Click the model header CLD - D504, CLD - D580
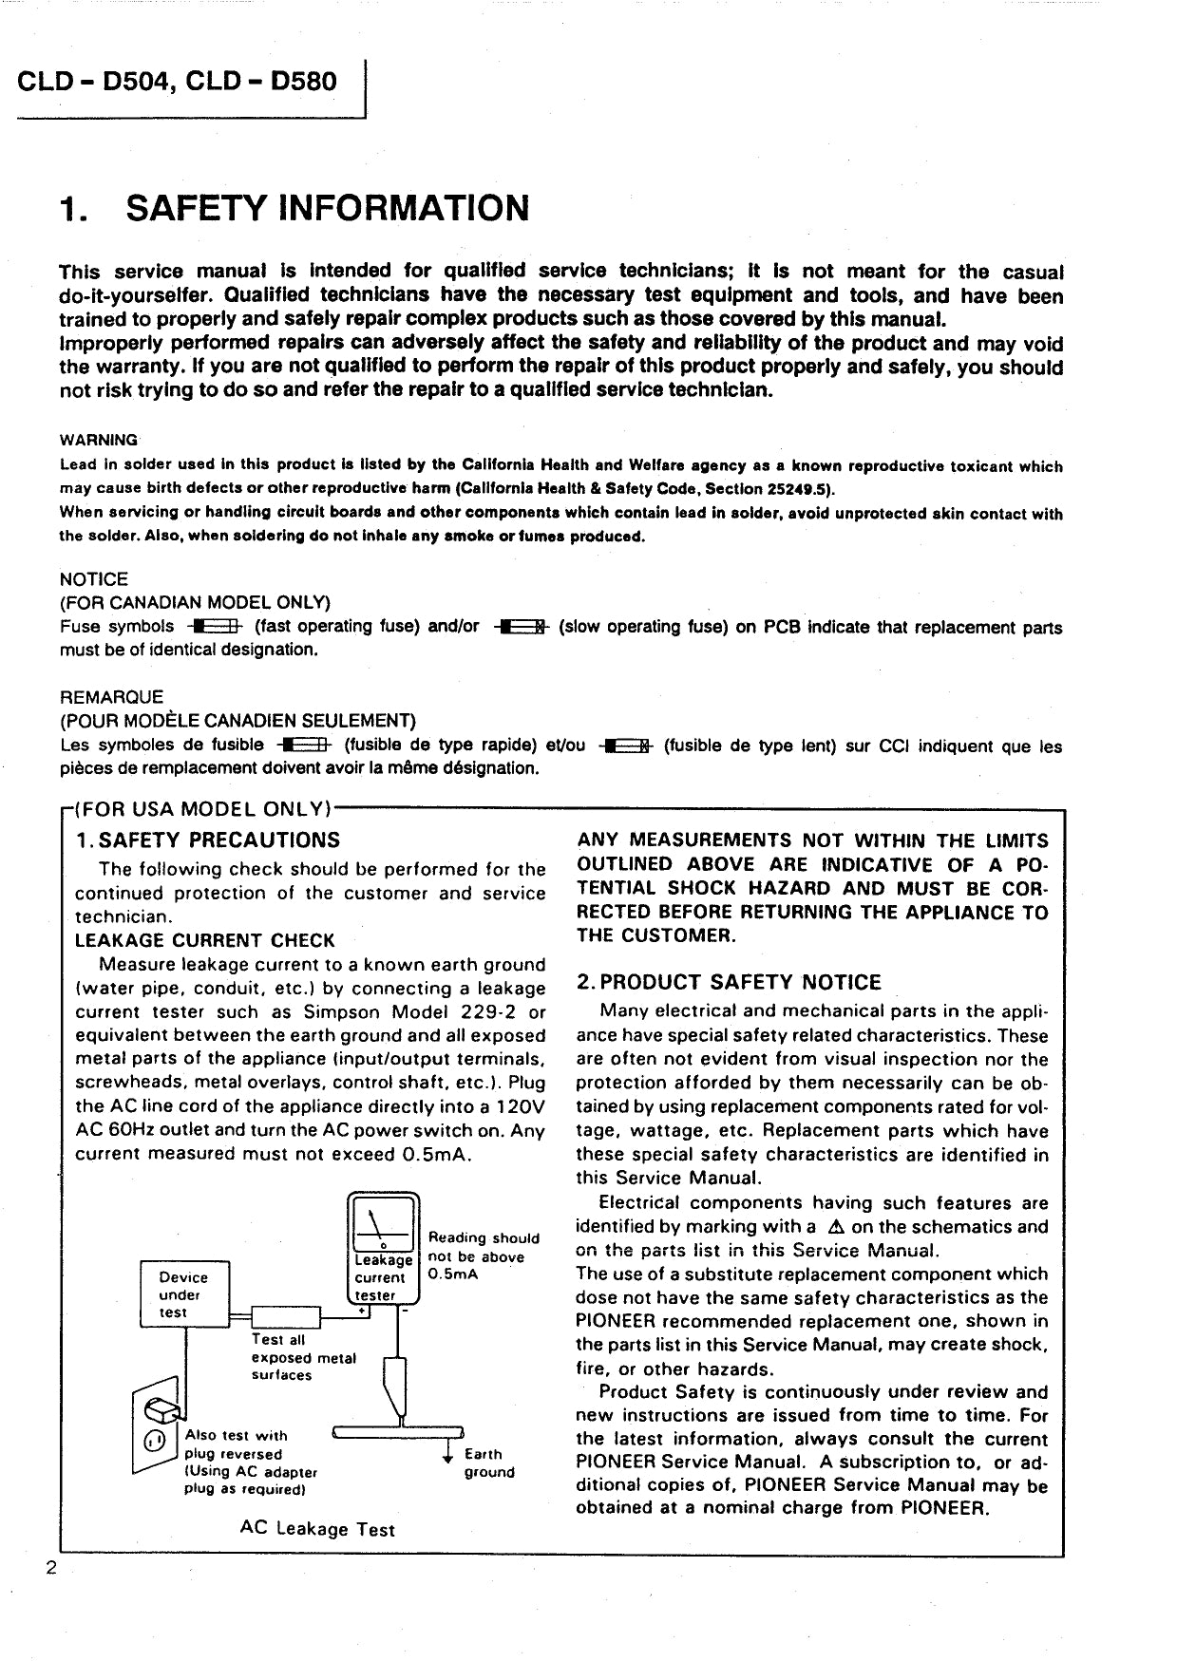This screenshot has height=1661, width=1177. (177, 82)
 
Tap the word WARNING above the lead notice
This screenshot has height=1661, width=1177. (99, 441)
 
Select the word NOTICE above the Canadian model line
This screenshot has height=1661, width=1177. (93, 579)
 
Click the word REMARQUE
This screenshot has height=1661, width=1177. (111, 697)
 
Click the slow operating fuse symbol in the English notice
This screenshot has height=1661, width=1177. (521, 627)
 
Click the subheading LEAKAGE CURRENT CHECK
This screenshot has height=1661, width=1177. (204, 941)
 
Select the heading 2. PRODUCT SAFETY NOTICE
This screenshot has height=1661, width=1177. (729, 983)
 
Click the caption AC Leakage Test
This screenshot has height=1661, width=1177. (317, 1530)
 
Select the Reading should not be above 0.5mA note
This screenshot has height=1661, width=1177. (483, 1256)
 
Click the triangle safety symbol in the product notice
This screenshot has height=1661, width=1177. (836, 1227)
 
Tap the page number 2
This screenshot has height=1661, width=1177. (52, 1568)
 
